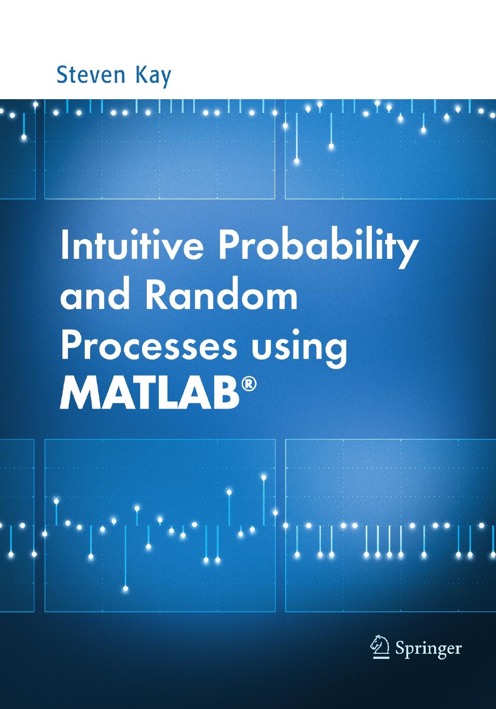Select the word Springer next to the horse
point(428,649)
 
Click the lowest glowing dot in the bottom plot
point(126,589)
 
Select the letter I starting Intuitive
point(64,247)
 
